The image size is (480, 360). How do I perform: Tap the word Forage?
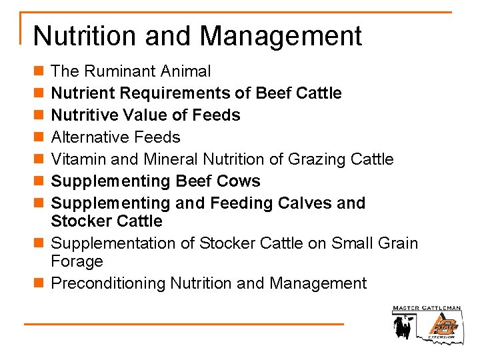click(77, 261)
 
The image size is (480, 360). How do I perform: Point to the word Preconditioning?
click(108, 283)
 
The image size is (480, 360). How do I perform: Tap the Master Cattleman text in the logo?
click(426, 309)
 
